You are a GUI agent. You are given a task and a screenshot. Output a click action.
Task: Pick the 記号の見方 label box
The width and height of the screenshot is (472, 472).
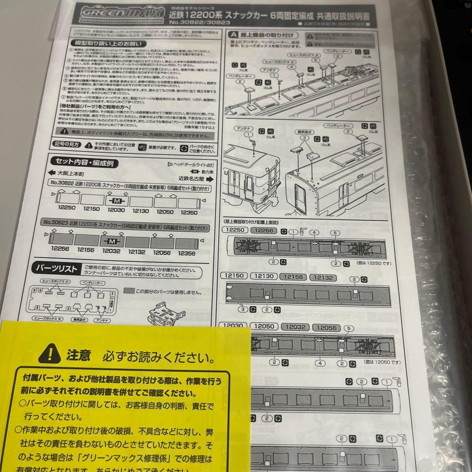coord(66,144)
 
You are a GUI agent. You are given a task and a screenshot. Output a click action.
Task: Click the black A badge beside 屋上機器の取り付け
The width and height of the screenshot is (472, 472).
coord(233,34)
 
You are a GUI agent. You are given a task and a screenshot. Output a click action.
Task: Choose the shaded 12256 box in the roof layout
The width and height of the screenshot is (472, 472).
coord(264,230)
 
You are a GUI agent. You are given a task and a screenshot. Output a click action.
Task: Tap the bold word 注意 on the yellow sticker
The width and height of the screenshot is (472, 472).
coord(79,355)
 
